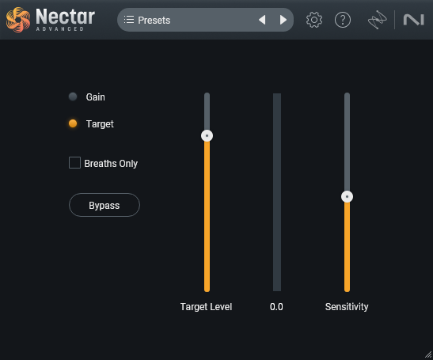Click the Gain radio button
click(73, 97)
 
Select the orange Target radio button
click(73, 123)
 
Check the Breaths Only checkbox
click(75, 163)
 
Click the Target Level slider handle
click(207, 135)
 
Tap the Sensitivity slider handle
click(347, 196)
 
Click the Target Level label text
click(206, 306)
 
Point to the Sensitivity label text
click(347, 306)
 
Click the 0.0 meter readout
click(276, 306)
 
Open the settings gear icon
click(314, 20)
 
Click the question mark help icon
click(343, 20)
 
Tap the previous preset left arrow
click(262, 20)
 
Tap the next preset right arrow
click(283, 20)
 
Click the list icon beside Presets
click(129, 20)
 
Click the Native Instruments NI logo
click(414, 20)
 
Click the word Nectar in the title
click(66, 15)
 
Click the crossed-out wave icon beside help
click(376, 20)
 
